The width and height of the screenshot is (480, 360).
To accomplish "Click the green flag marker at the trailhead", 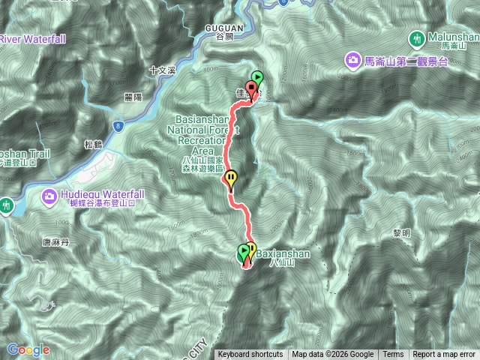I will pos(258,76).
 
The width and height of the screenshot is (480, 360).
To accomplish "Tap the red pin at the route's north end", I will pos(251,89).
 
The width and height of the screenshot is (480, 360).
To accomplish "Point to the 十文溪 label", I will pos(162,70).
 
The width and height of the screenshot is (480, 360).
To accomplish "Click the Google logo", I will pos(28,349).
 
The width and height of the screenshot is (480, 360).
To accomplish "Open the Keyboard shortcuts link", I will pos(250,355).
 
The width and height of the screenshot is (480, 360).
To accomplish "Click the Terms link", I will pos(393,355).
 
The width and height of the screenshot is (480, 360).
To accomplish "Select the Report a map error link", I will pos(444,355).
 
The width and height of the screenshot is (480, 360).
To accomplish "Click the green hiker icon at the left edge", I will pos(5,204).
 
